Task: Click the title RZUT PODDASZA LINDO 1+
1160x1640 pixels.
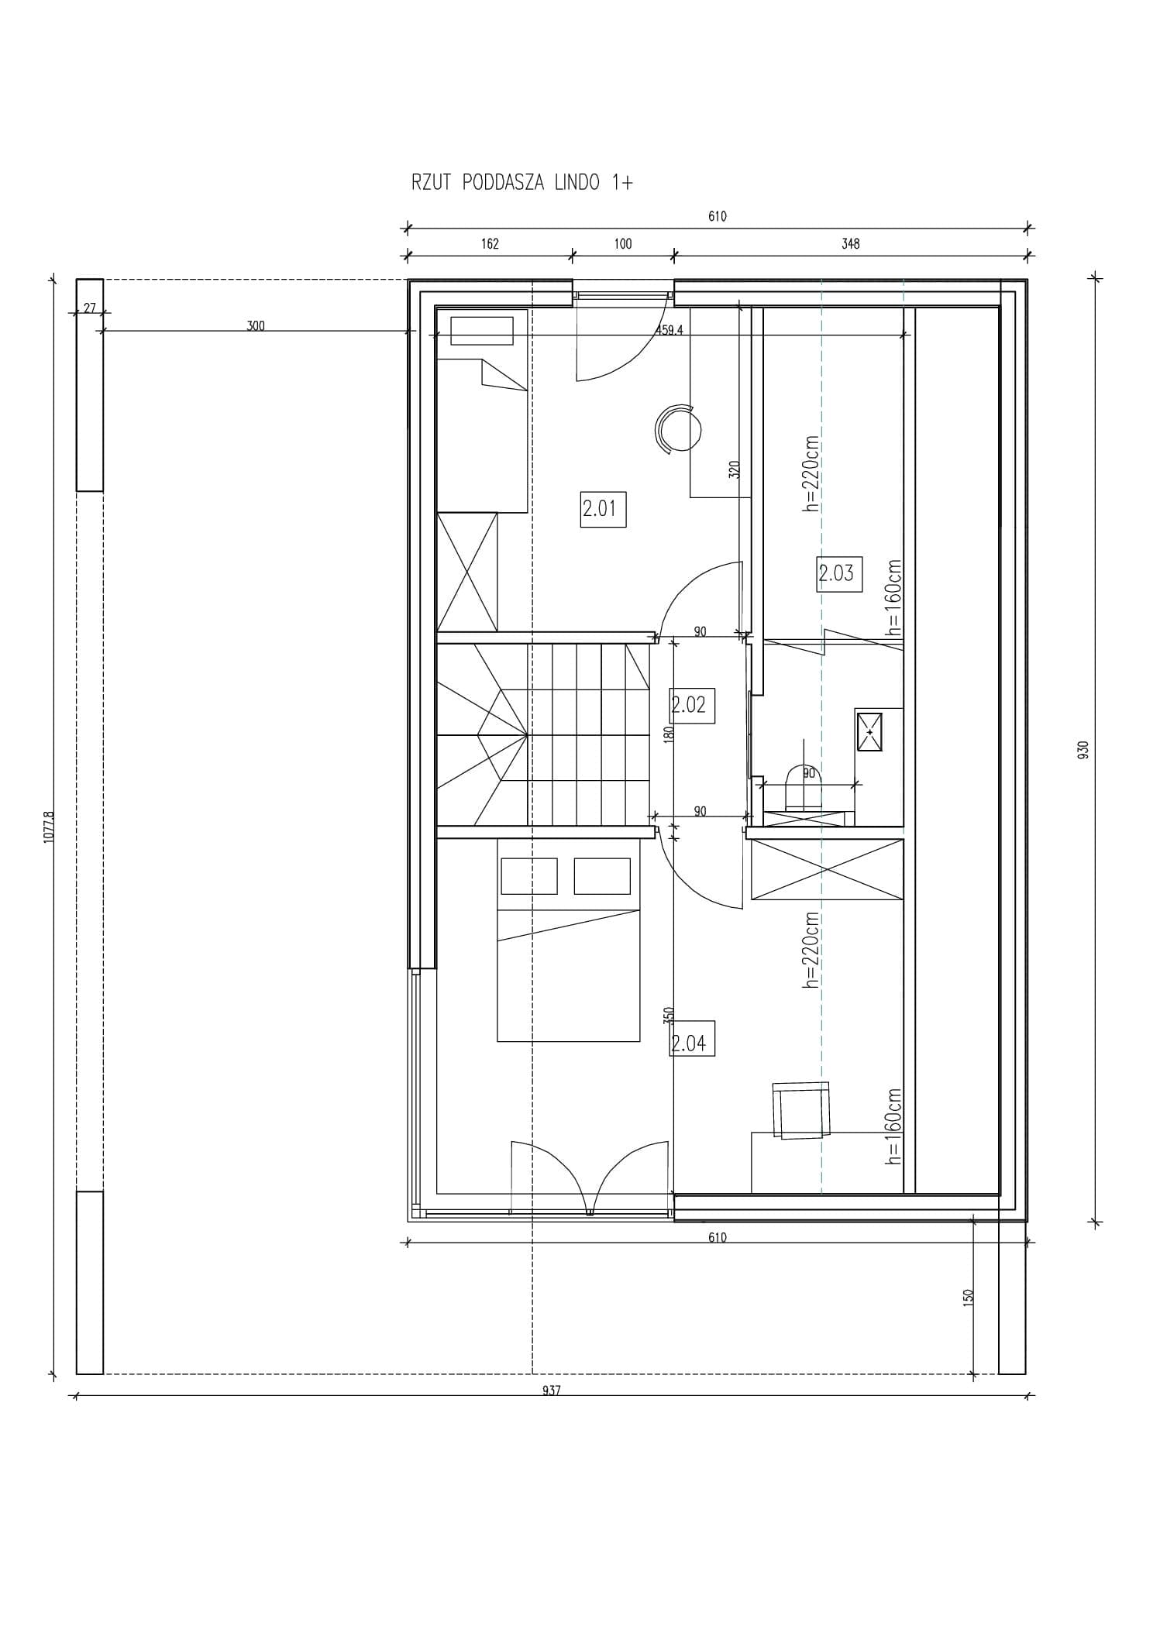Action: [x=521, y=183]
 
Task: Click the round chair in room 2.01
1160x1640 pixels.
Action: [x=677, y=428]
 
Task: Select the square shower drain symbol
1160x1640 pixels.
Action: [x=869, y=731]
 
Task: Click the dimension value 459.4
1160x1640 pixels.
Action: [x=669, y=329]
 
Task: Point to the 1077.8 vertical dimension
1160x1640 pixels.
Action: [x=50, y=827]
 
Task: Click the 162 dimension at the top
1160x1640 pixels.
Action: [x=490, y=244]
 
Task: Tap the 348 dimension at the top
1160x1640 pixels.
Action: [x=850, y=244]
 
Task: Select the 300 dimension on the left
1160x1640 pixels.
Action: [x=256, y=326]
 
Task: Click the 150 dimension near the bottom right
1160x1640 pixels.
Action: [x=968, y=1298]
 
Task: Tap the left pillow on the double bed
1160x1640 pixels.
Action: [x=529, y=875]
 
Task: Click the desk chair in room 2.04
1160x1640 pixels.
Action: [x=802, y=1111]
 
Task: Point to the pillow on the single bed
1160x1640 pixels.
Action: [x=482, y=331]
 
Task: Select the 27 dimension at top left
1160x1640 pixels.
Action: [x=90, y=308]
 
